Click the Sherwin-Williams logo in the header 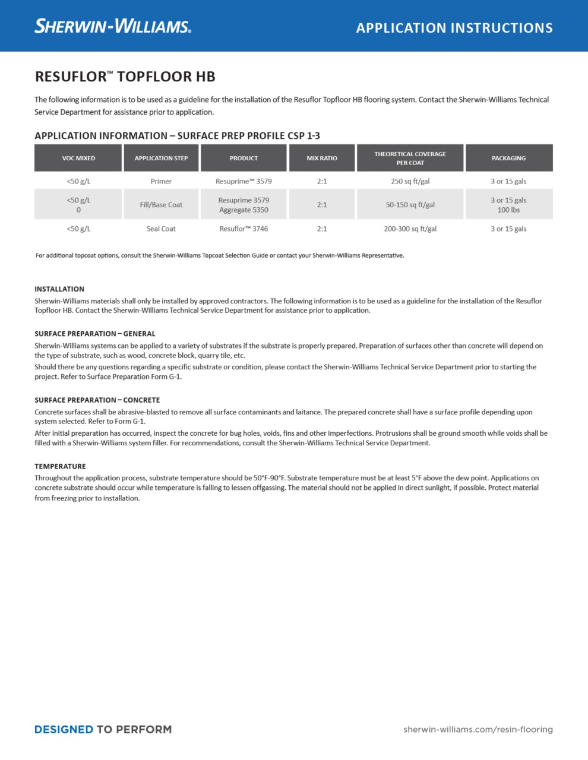113,26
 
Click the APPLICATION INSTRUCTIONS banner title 454,28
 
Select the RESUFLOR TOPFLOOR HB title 125,77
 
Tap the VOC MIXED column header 78,158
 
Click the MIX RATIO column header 322,158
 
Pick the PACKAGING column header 508,158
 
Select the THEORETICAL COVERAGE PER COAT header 410,158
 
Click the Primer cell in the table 161,181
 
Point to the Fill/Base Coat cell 161,205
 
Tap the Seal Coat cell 161,229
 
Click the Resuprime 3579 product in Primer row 244,181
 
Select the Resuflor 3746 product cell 244,229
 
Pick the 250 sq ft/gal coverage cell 410,181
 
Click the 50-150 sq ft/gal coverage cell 410,205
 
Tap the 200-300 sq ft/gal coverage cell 410,229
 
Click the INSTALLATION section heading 59,289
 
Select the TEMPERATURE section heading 60,466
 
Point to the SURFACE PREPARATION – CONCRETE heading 97,400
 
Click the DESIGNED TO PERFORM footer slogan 103,729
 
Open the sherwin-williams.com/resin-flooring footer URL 478,729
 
